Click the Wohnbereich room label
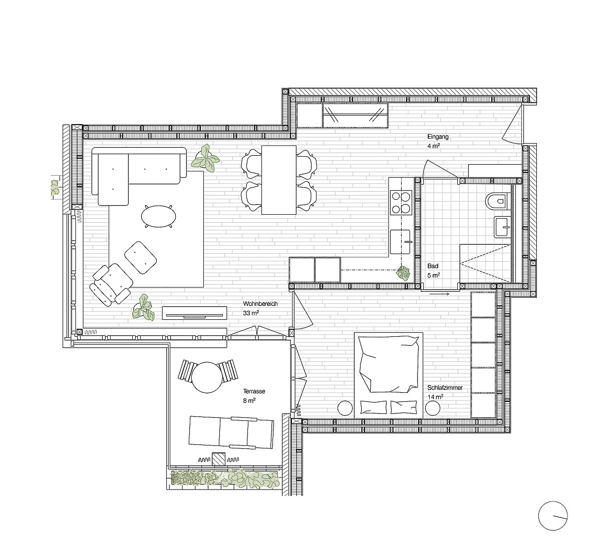tap(260, 304)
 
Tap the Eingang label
tap(438, 137)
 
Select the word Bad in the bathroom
tap(433, 266)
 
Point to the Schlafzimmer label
tap(445, 388)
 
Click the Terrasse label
tap(254, 391)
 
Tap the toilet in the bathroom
tap(496, 200)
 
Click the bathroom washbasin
tap(502, 227)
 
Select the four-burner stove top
tap(401, 202)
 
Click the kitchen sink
tap(400, 242)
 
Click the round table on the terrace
tap(206, 377)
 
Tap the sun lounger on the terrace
tap(231, 432)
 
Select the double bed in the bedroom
tap(388, 375)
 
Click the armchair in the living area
tap(112, 284)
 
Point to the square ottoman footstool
tap(141, 258)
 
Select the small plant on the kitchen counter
tap(403, 273)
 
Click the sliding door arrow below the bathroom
tap(439, 294)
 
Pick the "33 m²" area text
tap(251, 313)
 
